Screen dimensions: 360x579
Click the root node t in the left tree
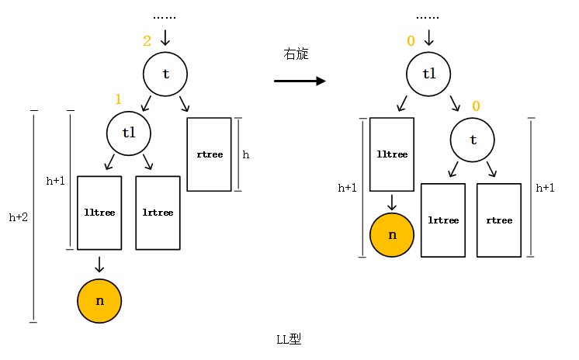tap(165, 74)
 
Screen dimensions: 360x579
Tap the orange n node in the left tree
tap(99, 299)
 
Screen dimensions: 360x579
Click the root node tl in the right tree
tap(429, 74)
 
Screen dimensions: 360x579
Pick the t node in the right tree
tap(473, 140)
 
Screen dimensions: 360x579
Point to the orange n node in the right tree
tap(393, 234)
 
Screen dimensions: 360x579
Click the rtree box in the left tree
tap(210, 154)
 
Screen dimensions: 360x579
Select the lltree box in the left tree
tap(99, 213)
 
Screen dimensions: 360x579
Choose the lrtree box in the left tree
tap(158, 213)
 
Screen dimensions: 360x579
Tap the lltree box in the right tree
tap(392, 154)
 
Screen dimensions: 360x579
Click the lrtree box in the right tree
tap(443, 220)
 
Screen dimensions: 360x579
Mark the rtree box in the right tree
tap(498, 220)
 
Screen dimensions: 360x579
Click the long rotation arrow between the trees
tap(299, 81)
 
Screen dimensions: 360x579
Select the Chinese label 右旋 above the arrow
tap(296, 54)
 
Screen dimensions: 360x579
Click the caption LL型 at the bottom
tap(289, 340)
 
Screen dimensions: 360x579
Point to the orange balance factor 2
tap(147, 41)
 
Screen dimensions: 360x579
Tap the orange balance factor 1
tap(118, 99)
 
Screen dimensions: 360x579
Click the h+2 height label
tap(19, 218)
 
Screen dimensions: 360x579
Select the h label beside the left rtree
tap(246, 155)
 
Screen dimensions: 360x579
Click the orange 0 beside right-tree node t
tap(476, 106)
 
